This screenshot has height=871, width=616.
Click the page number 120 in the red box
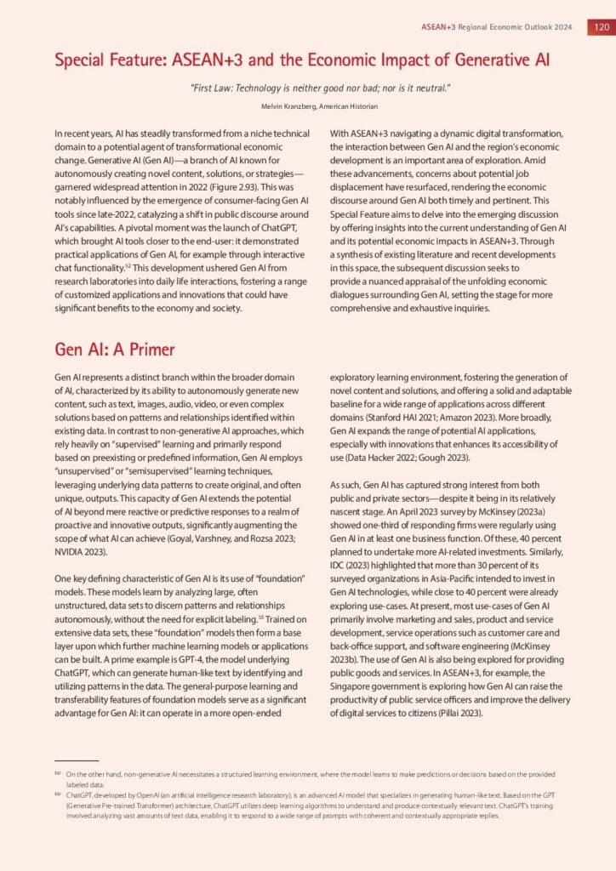coord(600,26)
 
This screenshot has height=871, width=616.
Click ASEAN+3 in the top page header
coord(438,26)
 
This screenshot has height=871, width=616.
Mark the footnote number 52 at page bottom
coord(57,774)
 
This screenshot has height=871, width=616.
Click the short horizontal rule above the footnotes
coord(76,760)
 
